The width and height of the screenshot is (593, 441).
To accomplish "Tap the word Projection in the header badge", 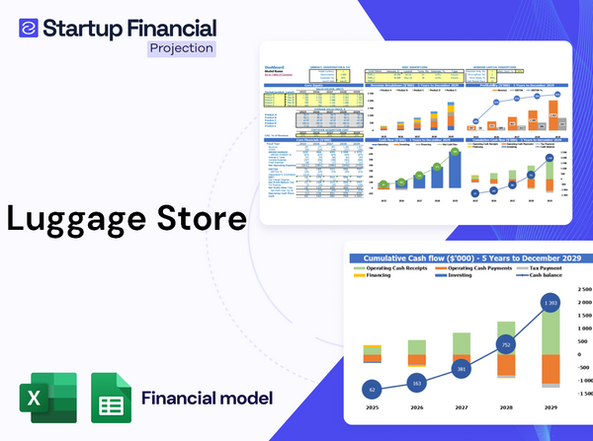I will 180,47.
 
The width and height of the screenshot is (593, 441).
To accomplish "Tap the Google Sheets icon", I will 111,400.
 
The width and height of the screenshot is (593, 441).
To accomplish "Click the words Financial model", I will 207,400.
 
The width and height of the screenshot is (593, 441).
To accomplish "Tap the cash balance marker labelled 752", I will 505,345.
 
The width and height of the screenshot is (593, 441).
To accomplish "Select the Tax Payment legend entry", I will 550,267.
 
